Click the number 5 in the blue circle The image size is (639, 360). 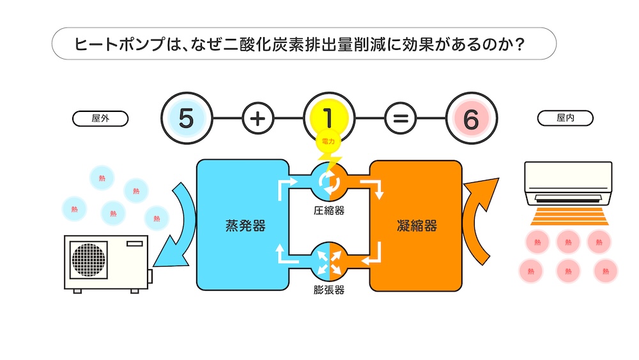[x=185, y=119]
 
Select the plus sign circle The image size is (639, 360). [x=258, y=119]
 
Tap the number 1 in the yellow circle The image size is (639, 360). [x=328, y=118]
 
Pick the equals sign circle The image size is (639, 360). [x=400, y=119]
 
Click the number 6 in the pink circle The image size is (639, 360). [x=472, y=119]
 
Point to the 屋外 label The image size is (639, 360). [x=100, y=118]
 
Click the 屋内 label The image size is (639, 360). [x=565, y=118]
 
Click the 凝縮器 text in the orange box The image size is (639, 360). [x=417, y=226]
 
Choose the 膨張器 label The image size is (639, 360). [x=329, y=290]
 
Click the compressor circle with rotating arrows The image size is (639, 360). [x=330, y=180]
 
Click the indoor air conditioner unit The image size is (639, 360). [x=567, y=182]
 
